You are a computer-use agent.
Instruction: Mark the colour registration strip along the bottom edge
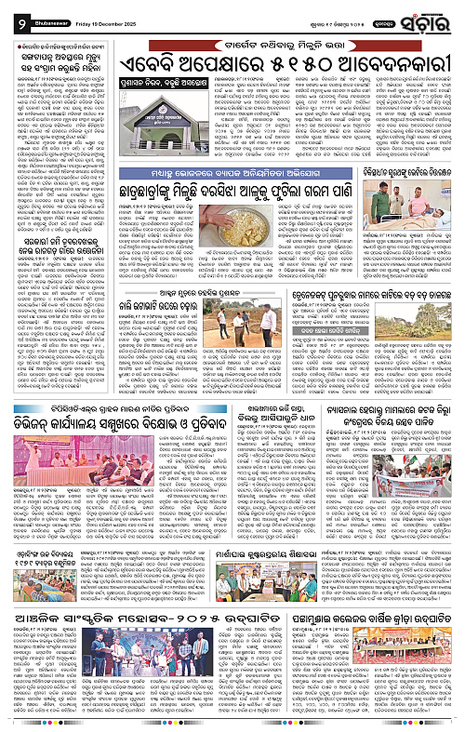tap(232, 726)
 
